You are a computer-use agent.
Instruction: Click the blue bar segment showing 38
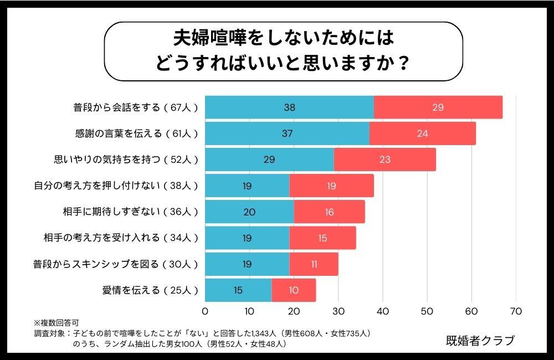[289, 107]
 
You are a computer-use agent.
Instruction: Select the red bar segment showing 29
[438, 107]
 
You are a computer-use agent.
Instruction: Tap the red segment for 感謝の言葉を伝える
[422, 133]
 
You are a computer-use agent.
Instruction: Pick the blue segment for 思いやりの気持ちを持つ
[269, 160]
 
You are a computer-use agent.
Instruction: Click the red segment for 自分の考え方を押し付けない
[331, 186]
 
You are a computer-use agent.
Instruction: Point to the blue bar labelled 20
[249, 212]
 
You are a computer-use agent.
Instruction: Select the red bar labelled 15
[322, 238]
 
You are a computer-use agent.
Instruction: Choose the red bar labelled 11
[314, 264]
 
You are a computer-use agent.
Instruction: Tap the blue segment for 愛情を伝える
[238, 290]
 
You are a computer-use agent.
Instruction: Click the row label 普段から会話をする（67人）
[136, 107]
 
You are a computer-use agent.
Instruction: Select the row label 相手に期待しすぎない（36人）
[131, 212]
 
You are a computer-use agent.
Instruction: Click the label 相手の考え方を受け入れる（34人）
[121, 238]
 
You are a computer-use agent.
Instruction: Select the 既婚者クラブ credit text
[480, 341]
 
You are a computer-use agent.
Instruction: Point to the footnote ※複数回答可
[56, 322]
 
